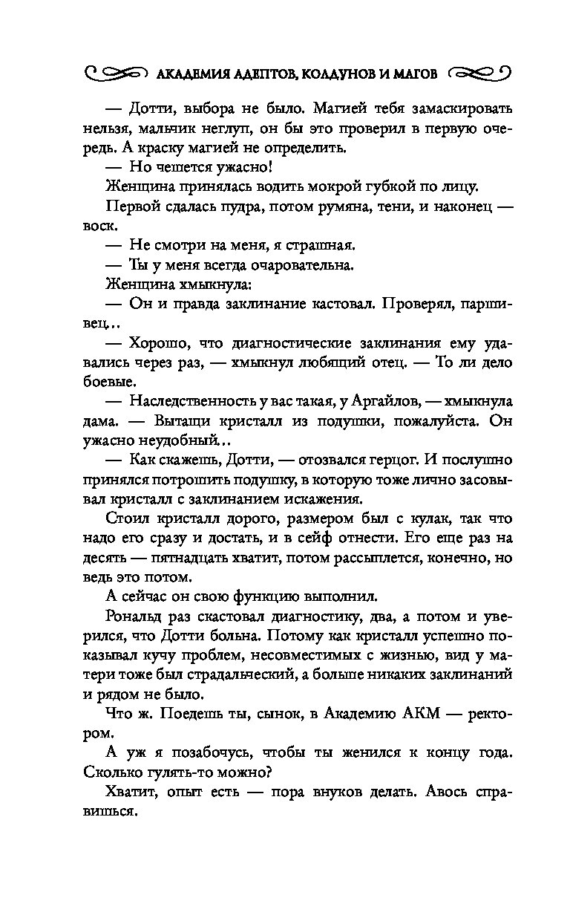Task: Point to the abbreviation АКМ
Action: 406,712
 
